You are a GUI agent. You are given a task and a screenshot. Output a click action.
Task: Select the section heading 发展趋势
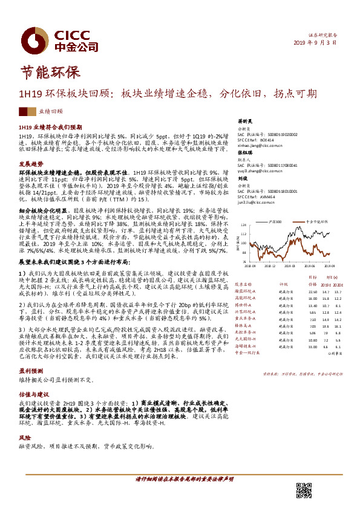pyautogui.click(x=31, y=164)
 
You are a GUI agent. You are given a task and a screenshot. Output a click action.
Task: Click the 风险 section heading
pyautogui.click(x=25, y=436)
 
